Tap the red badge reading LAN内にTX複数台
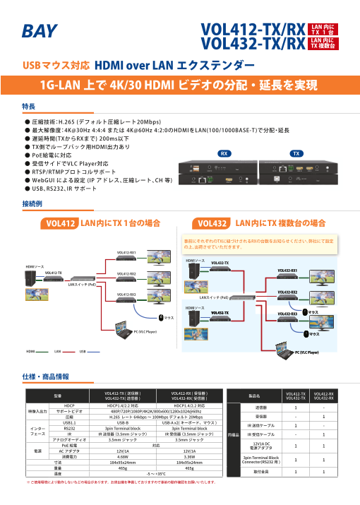(x=324, y=44)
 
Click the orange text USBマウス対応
(x=56, y=66)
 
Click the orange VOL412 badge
(x=60, y=224)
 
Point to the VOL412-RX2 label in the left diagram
(x=126, y=273)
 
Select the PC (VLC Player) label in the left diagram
(x=145, y=331)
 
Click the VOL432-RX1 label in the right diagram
(x=287, y=271)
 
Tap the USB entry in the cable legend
(x=83, y=350)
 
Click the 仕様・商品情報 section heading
(x=46, y=376)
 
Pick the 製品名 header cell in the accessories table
(x=254, y=396)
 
